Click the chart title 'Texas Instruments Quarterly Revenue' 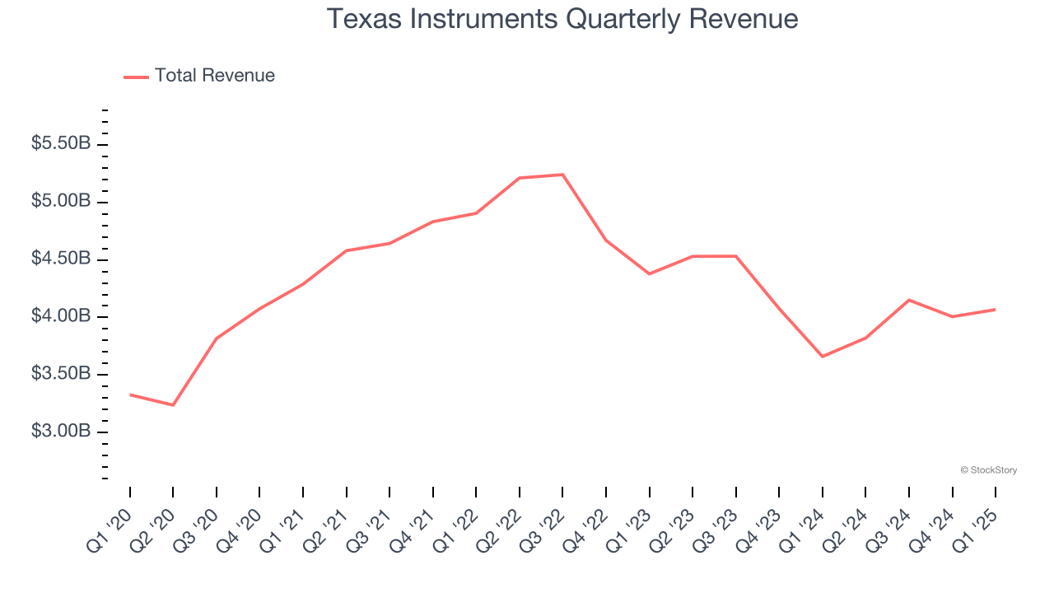pyautogui.click(x=562, y=19)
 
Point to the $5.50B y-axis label pyautogui.click(x=61, y=143)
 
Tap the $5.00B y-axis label pyautogui.click(x=61, y=201)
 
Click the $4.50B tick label pyautogui.click(x=61, y=259)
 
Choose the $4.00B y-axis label pyautogui.click(x=61, y=316)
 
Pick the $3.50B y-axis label pyautogui.click(x=61, y=374)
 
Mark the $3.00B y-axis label pyautogui.click(x=61, y=432)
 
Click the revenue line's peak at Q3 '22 pyautogui.click(x=562, y=175)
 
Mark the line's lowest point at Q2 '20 pyautogui.click(x=173, y=405)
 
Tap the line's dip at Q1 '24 pyautogui.click(x=823, y=357)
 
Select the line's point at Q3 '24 pyautogui.click(x=909, y=300)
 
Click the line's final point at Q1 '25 pyautogui.click(x=996, y=310)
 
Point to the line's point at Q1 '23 pyautogui.click(x=650, y=273)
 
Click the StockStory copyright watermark pyautogui.click(x=989, y=470)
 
